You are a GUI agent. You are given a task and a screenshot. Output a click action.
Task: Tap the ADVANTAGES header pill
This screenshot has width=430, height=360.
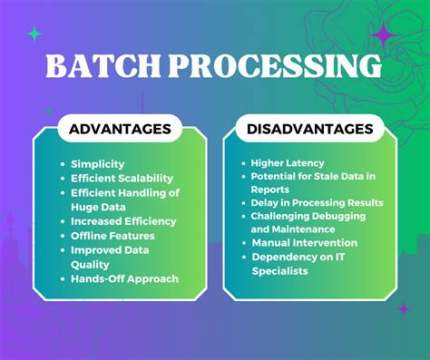pos(120,129)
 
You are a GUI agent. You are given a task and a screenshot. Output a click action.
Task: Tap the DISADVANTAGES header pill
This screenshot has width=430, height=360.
pos(309,129)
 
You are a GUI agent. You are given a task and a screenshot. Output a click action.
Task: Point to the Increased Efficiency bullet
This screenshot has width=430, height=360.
pos(123,221)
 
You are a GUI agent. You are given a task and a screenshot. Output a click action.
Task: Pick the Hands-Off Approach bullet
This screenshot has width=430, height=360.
pos(124,278)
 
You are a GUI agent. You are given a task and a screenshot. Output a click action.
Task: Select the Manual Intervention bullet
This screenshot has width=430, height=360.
pos(303,244)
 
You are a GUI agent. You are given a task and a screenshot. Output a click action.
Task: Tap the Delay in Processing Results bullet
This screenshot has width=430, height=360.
pos(317,202)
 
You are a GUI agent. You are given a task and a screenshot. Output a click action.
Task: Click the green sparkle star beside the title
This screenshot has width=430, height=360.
pos(35,34)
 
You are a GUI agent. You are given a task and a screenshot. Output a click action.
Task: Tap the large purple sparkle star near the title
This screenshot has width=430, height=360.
pos(385,35)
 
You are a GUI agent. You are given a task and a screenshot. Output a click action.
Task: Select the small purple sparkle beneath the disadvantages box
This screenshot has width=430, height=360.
pos(403,309)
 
